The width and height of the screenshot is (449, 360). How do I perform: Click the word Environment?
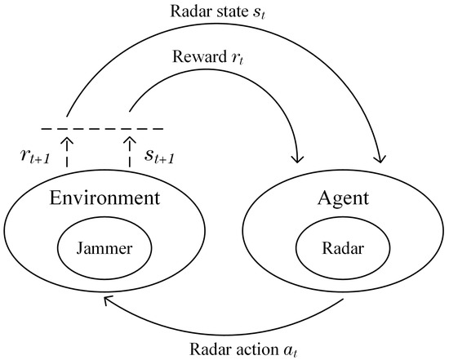click(102, 198)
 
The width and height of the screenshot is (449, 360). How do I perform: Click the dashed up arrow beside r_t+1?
click(68, 152)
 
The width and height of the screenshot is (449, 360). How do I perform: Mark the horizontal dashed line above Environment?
click(101, 128)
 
